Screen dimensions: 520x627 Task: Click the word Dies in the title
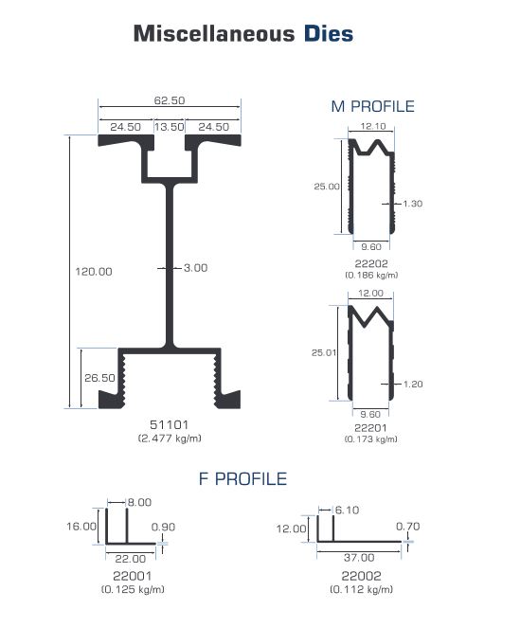pos(329,33)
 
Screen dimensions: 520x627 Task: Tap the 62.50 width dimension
pos(170,100)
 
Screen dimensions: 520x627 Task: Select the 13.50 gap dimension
pos(170,127)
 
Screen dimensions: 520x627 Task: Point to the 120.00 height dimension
pos(94,272)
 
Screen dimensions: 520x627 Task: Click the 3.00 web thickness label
pos(196,268)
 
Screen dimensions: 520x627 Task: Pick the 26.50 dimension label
pos(99,378)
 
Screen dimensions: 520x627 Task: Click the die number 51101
pos(170,424)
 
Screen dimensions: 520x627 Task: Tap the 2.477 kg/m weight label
pos(170,439)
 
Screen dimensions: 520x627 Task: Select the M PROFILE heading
pos(373,106)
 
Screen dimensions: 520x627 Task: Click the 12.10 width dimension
pos(373,126)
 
